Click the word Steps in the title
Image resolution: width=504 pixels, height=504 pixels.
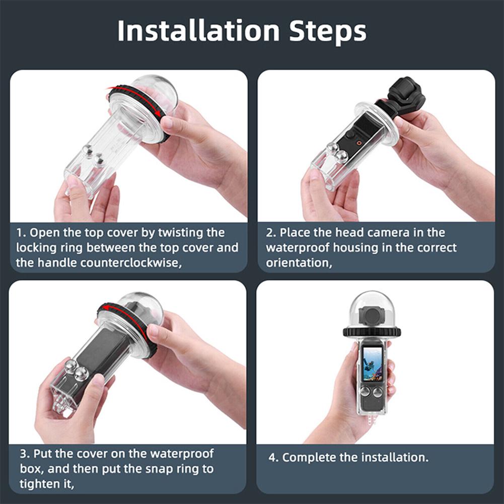327,31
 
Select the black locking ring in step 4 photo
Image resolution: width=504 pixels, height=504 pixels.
372,332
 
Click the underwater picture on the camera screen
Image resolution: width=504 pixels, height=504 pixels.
373,365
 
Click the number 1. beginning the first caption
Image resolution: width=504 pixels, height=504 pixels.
21,233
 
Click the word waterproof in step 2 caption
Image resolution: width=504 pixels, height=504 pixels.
295,248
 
